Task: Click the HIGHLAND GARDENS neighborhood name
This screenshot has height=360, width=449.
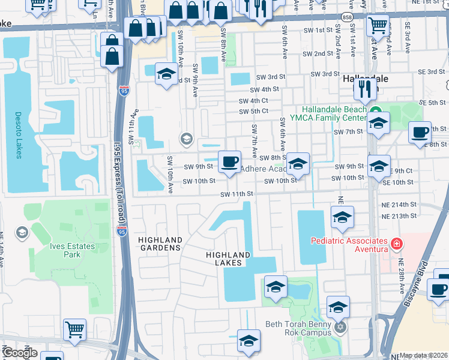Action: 160,243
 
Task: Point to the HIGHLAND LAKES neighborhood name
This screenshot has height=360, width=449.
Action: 224,259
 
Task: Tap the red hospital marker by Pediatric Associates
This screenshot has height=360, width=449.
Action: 396,244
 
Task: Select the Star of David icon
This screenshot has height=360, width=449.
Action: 340,328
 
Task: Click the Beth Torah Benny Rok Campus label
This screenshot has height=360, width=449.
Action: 298,328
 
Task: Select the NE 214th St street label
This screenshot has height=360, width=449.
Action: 399,205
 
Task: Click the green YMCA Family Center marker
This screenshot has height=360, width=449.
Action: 376,110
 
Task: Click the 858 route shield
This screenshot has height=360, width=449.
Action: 347,16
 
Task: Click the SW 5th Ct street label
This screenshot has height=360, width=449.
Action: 253,112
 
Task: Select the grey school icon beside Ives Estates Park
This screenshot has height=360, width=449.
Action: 22,232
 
